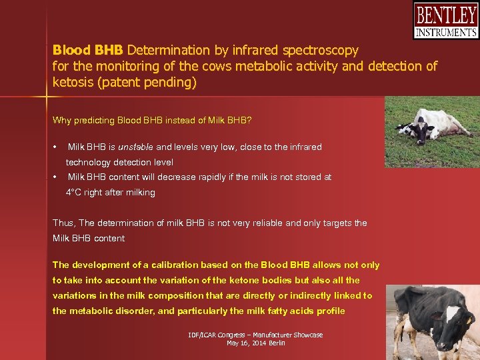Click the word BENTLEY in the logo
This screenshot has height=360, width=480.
(445, 15)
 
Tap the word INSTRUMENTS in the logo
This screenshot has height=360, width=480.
(445, 32)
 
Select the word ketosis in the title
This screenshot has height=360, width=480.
(74, 83)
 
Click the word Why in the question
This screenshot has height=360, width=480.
(62, 121)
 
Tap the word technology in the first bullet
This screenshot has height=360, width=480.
(89, 162)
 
